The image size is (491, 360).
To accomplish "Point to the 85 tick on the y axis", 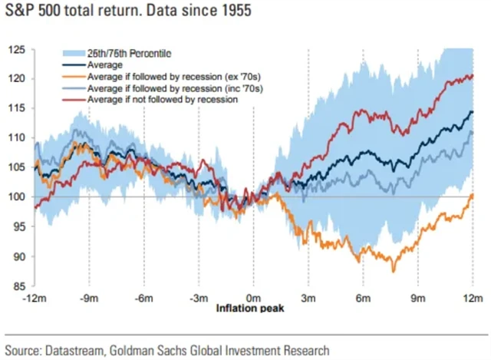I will [15, 286].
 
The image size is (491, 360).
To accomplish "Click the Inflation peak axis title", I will [253, 308].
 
